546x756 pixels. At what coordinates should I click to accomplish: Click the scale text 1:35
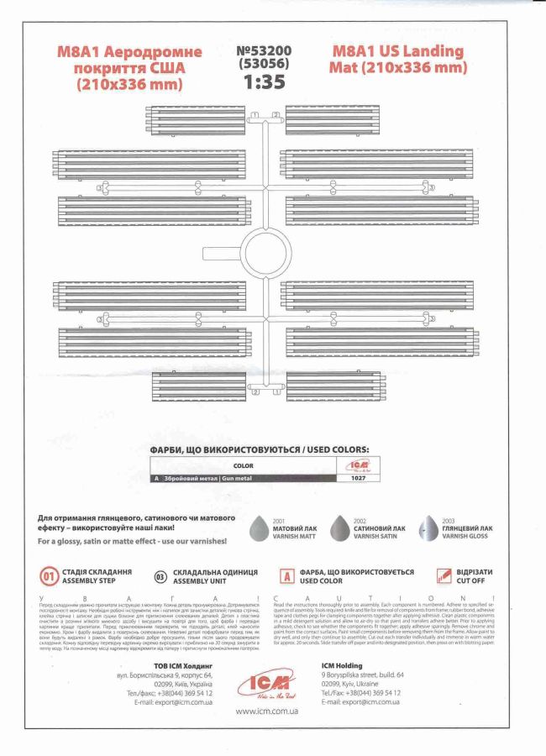tap(265, 81)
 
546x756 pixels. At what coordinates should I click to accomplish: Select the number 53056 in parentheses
tap(265, 64)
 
